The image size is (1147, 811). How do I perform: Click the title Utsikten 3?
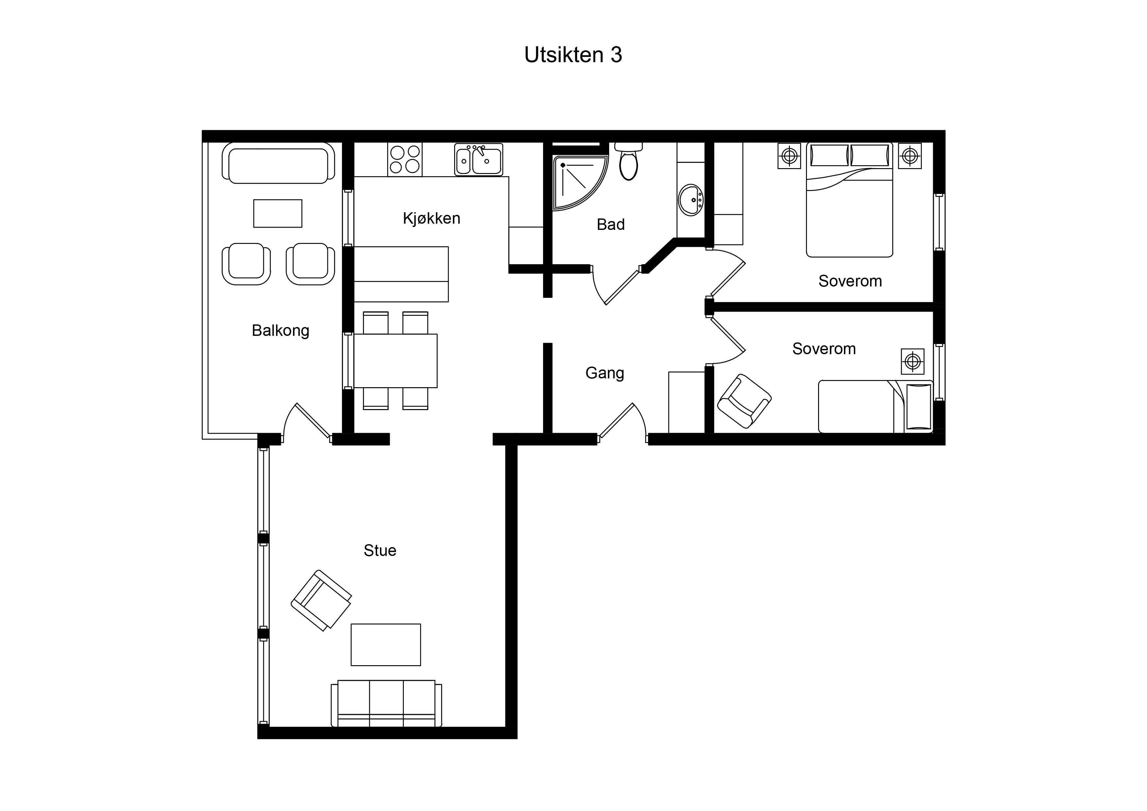[573, 55]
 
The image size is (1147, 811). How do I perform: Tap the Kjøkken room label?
[432, 218]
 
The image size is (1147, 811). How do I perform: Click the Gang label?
[605, 373]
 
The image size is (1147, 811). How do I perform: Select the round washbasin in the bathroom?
[691, 200]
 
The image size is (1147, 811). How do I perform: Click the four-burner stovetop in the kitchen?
[405, 159]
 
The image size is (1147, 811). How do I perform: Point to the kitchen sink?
[479, 160]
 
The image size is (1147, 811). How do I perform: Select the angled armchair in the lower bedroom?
[744, 401]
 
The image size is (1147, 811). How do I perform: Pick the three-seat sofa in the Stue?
[386, 703]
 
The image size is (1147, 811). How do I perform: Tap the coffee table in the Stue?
[386, 645]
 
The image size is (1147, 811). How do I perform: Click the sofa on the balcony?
[278, 163]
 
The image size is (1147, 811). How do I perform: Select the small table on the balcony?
[278, 213]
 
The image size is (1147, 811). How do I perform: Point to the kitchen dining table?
[395, 361]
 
